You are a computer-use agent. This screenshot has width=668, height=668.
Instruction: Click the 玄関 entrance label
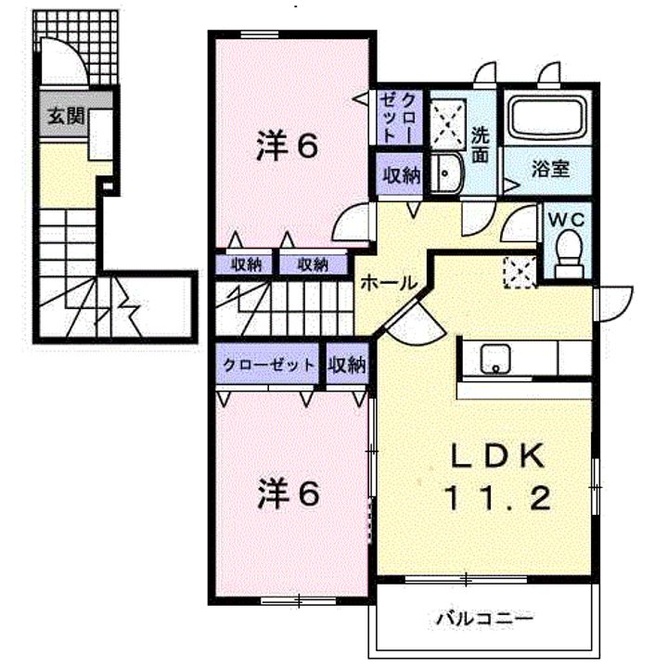click(66, 118)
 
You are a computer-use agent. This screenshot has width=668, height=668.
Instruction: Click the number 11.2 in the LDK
click(498, 498)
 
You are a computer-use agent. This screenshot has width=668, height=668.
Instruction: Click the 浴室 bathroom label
click(550, 171)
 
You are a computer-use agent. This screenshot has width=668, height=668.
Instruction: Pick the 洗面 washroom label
click(480, 143)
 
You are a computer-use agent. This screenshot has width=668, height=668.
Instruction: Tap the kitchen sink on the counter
click(495, 358)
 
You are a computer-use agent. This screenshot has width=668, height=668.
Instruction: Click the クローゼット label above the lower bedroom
click(269, 365)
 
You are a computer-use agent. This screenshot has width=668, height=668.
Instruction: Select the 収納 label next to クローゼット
click(346, 365)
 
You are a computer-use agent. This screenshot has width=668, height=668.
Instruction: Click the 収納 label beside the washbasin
click(401, 175)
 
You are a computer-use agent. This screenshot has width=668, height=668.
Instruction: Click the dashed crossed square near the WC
click(516, 270)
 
